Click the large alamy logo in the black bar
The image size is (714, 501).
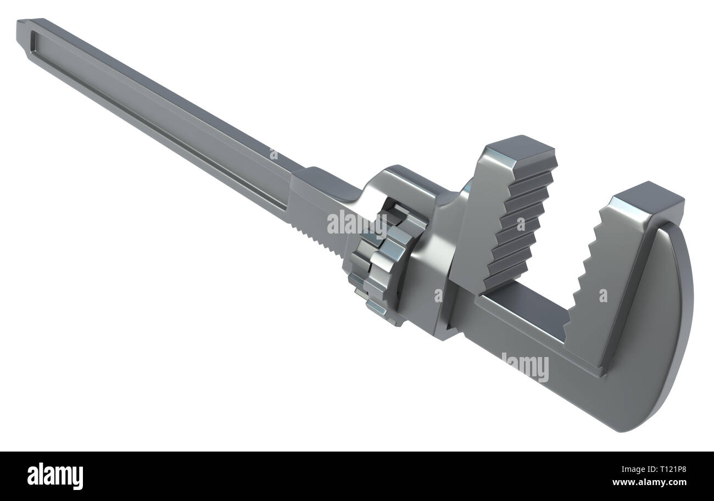(55, 476)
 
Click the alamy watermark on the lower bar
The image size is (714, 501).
(525, 367)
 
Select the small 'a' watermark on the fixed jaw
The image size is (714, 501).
(603, 296)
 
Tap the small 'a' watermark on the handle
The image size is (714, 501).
(274, 154)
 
